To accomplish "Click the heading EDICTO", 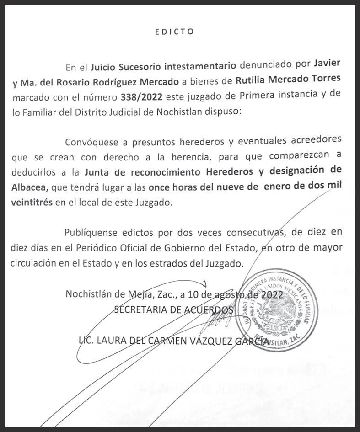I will pyautogui.click(x=174, y=32).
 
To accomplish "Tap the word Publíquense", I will pyautogui.click(x=91, y=232).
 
